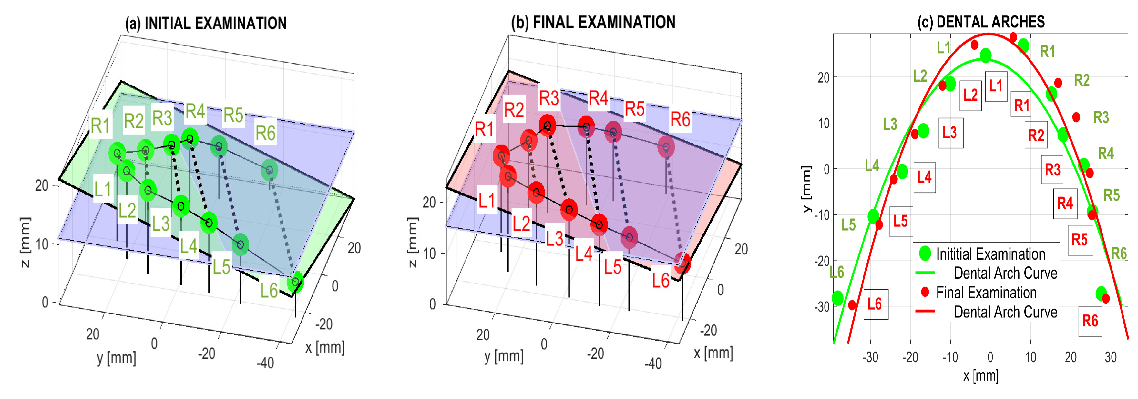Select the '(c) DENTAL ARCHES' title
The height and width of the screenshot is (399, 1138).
pyautogui.click(x=981, y=22)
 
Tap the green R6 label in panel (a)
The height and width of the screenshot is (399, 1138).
pyautogui.click(x=265, y=133)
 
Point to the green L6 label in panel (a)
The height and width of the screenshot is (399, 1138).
pyautogui.click(x=269, y=290)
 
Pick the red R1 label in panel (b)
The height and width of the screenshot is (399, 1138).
pyautogui.click(x=484, y=129)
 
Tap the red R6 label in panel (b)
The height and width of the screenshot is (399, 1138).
pyautogui.click(x=680, y=119)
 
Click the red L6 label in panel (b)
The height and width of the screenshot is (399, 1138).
pyautogui.click(x=661, y=281)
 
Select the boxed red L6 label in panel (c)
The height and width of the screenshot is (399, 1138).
pyautogui.click(x=875, y=304)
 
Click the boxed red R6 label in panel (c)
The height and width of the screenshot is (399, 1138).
pyautogui.click(x=1090, y=320)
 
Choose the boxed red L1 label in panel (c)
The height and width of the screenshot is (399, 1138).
pyautogui.click(x=996, y=85)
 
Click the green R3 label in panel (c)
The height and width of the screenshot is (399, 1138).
pyautogui.click(x=1101, y=117)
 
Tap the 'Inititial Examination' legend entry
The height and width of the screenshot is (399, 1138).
pyautogui.click(x=990, y=254)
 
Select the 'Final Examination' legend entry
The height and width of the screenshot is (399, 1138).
pyautogui.click(x=986, y=292)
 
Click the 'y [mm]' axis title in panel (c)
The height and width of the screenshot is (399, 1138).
pyautogui.click(x=807, y=189)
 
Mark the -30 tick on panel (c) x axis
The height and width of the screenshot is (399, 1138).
pyautogui.click(x=870, y=357)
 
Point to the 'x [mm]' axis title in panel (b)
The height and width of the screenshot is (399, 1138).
pyautogui.click(x=713, y=353)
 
